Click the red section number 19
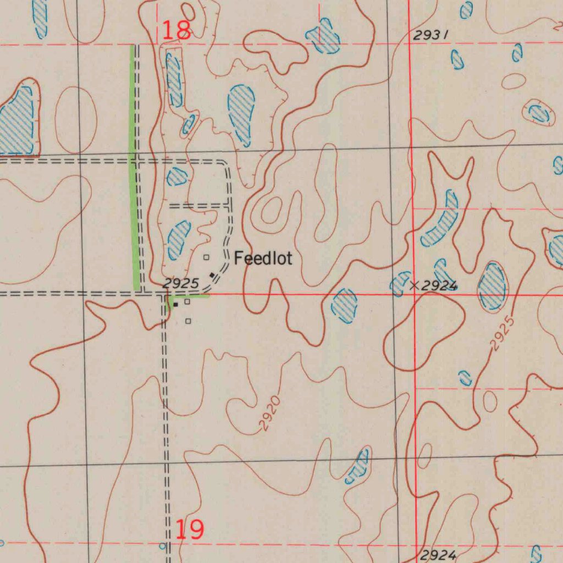click(x=190, y=529)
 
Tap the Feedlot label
click(x=263, y=258)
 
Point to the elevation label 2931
click(x=430, y=36)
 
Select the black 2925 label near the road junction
click(x=180, y=284)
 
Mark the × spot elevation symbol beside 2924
click(x=415, y=285)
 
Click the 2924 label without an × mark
click(x=438, y=555)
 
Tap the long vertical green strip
click(x=134, y=165)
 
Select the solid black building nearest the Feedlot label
click(x=212, y=275)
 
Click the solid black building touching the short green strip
click(x=175, y=303)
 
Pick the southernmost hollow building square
click(x=188, y=321)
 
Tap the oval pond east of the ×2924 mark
click(x=492, y=286)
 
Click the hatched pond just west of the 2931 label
click(x=324, y=37)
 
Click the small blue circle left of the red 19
click(x=162, y=546)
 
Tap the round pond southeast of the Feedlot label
click(x=344, y=305)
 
